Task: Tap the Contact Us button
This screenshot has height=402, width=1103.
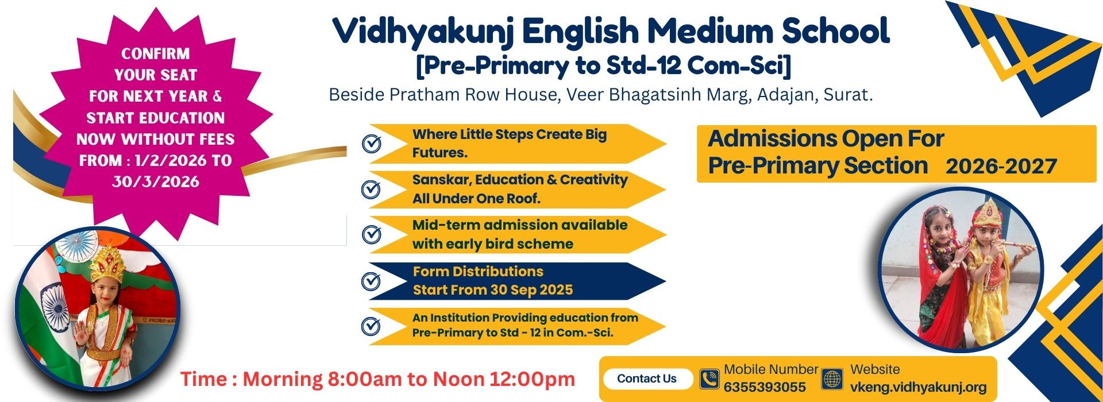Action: (647, 379)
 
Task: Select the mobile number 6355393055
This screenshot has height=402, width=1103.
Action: (765, 387)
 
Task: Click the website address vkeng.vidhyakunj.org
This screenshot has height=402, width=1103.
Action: (919, 388)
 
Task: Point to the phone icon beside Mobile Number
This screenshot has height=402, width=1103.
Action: (709, 379)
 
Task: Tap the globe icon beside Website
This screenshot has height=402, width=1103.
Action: (832, 379)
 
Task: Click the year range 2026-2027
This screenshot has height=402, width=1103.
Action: (1001, 167)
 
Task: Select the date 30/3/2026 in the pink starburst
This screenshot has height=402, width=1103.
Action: (156, 182)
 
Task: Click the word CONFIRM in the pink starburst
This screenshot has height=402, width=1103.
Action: (155, 53)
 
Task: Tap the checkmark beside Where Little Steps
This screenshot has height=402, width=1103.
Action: (372, 144)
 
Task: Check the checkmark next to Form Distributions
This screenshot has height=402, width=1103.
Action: (372, 281)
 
